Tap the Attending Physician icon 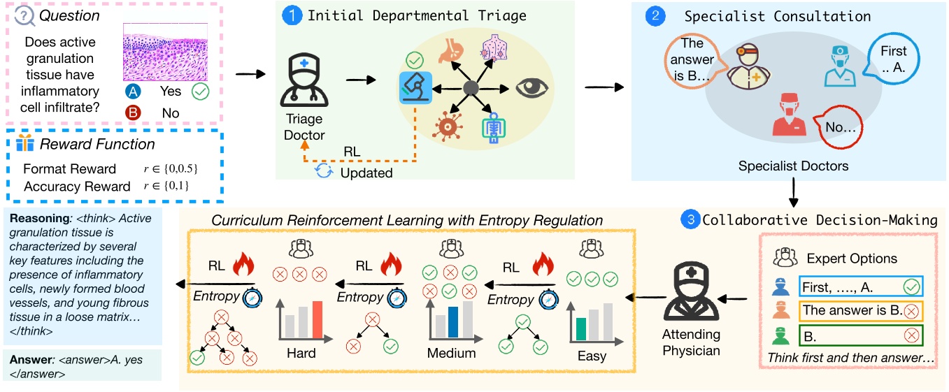[x=690, y=298]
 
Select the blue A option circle [x=134, y=92]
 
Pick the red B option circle [x=134, y=112]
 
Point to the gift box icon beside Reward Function [x=25, y=145]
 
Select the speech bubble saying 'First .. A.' [x=892, y=59]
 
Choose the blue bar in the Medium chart [x=452, y=321]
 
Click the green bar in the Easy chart [x=580, y=329]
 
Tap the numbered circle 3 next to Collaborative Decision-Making [x=690, y=219]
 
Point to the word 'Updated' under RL [x=366, y=173]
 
